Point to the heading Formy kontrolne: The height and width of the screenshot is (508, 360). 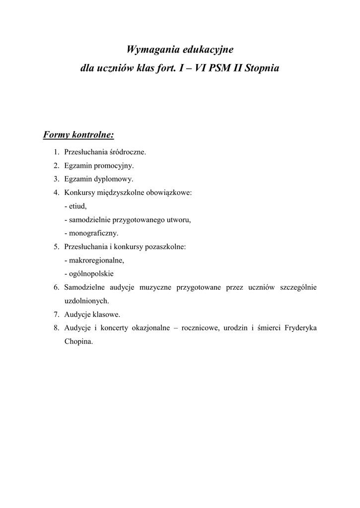[79, 135]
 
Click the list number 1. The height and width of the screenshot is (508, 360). [56, 152]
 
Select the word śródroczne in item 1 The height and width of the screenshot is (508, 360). [128, 152]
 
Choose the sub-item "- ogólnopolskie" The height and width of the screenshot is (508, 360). [89, 273]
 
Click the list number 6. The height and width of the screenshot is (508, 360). [56, 287]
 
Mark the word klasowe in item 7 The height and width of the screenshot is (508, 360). [106, 314]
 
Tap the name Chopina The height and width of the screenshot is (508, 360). [78, 341]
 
